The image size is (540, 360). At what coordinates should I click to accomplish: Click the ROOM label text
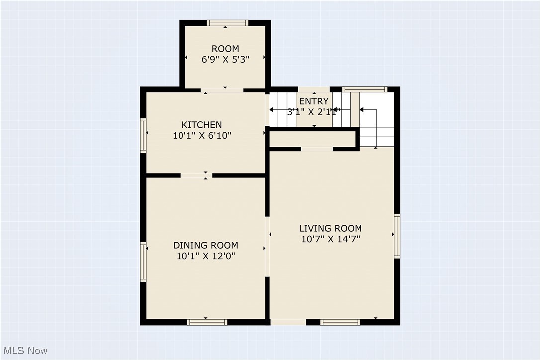(x=225, y=49)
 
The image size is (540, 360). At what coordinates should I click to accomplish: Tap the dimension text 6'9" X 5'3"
(x=225, y=59)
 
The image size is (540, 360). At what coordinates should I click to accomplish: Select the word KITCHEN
(x=201, y=125)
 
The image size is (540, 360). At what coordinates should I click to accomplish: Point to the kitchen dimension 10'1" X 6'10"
(x=201, y=135)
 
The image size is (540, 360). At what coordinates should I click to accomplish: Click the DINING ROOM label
(x=205, y=245)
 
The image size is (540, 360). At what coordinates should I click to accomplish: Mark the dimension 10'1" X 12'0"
(x=205, y=256)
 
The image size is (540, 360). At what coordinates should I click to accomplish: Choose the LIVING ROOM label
(x=330, y=228)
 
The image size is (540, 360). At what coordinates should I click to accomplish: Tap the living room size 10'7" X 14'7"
(x=330, y=239)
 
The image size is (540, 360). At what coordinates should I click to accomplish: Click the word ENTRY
(x=314, y=102)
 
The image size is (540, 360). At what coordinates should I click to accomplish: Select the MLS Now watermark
(x=24, y=351)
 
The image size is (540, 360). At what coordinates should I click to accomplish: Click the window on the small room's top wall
(x=227, y=22)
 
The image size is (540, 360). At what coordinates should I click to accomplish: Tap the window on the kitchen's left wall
(x=143, y=135)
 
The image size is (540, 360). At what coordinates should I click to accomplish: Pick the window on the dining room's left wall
(x=143, y=262)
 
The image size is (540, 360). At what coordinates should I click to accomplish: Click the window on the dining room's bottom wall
(x=207, y=322)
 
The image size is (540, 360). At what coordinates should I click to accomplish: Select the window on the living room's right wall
(x=397, y=236)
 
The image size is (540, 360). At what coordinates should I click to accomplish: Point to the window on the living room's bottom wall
(x=340, y=322)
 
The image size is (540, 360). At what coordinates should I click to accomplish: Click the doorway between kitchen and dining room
(x=196, y=175)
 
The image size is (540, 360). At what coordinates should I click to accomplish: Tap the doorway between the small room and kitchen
(x=222, y=90)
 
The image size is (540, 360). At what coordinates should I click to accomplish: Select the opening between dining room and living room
(x=267, y=247)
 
